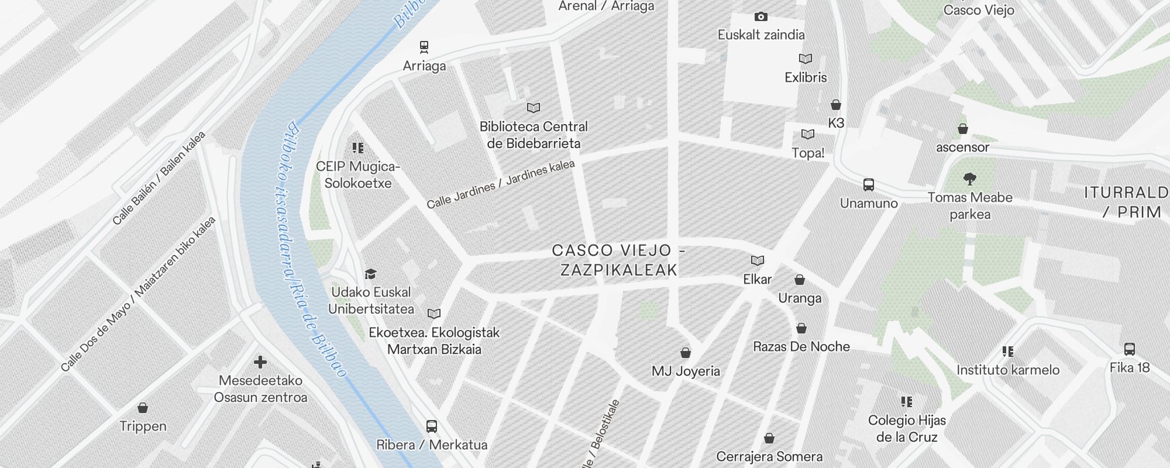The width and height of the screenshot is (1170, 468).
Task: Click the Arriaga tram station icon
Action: pos(424,46)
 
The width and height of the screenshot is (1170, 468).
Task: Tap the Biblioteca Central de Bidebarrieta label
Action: pos(534,135)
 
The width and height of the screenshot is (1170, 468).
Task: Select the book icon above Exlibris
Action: pos(806,58)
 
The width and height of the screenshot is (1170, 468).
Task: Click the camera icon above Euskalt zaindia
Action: pos(760,16)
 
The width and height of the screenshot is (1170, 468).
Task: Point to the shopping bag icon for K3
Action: pos(836,105)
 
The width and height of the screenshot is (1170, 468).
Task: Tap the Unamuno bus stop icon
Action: pos(869,185)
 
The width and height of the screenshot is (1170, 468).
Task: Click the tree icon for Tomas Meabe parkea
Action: pos(970,178)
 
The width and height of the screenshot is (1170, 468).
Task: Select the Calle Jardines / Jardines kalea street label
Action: pos(501,184)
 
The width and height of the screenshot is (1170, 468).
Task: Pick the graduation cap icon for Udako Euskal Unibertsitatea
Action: pos(370,274)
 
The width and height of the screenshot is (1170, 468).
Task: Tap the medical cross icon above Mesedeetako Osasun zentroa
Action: pos(260,362)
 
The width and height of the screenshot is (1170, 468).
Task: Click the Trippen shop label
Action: pos(143,426)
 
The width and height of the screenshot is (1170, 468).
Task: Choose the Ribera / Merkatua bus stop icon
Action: pos(432,426)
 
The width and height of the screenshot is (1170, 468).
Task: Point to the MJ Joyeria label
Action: pos(686,371)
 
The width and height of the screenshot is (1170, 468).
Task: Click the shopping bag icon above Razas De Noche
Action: pos(801,328)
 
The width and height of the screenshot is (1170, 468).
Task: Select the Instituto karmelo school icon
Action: pos(1007,351)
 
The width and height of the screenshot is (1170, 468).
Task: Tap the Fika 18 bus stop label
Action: pos(1130,367)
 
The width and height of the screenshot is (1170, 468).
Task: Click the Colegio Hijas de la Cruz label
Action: pos(907,428)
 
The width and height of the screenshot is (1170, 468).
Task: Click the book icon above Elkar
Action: pos(758,260)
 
